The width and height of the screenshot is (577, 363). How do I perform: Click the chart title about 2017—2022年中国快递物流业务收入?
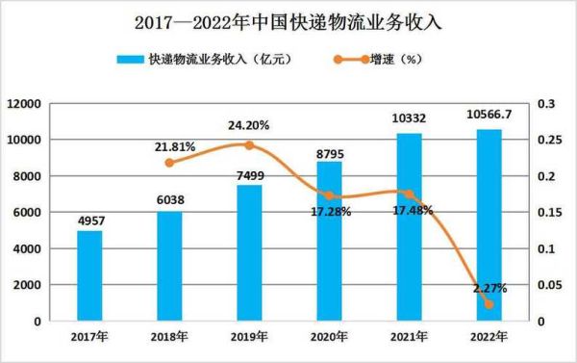289,18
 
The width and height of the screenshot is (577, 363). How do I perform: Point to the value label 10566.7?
489,117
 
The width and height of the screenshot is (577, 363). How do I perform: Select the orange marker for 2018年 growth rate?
170,162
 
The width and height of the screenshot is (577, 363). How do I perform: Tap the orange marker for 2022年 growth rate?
489,304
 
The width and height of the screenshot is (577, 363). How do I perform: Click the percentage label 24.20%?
248,124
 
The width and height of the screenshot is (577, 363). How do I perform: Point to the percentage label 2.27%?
489,287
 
